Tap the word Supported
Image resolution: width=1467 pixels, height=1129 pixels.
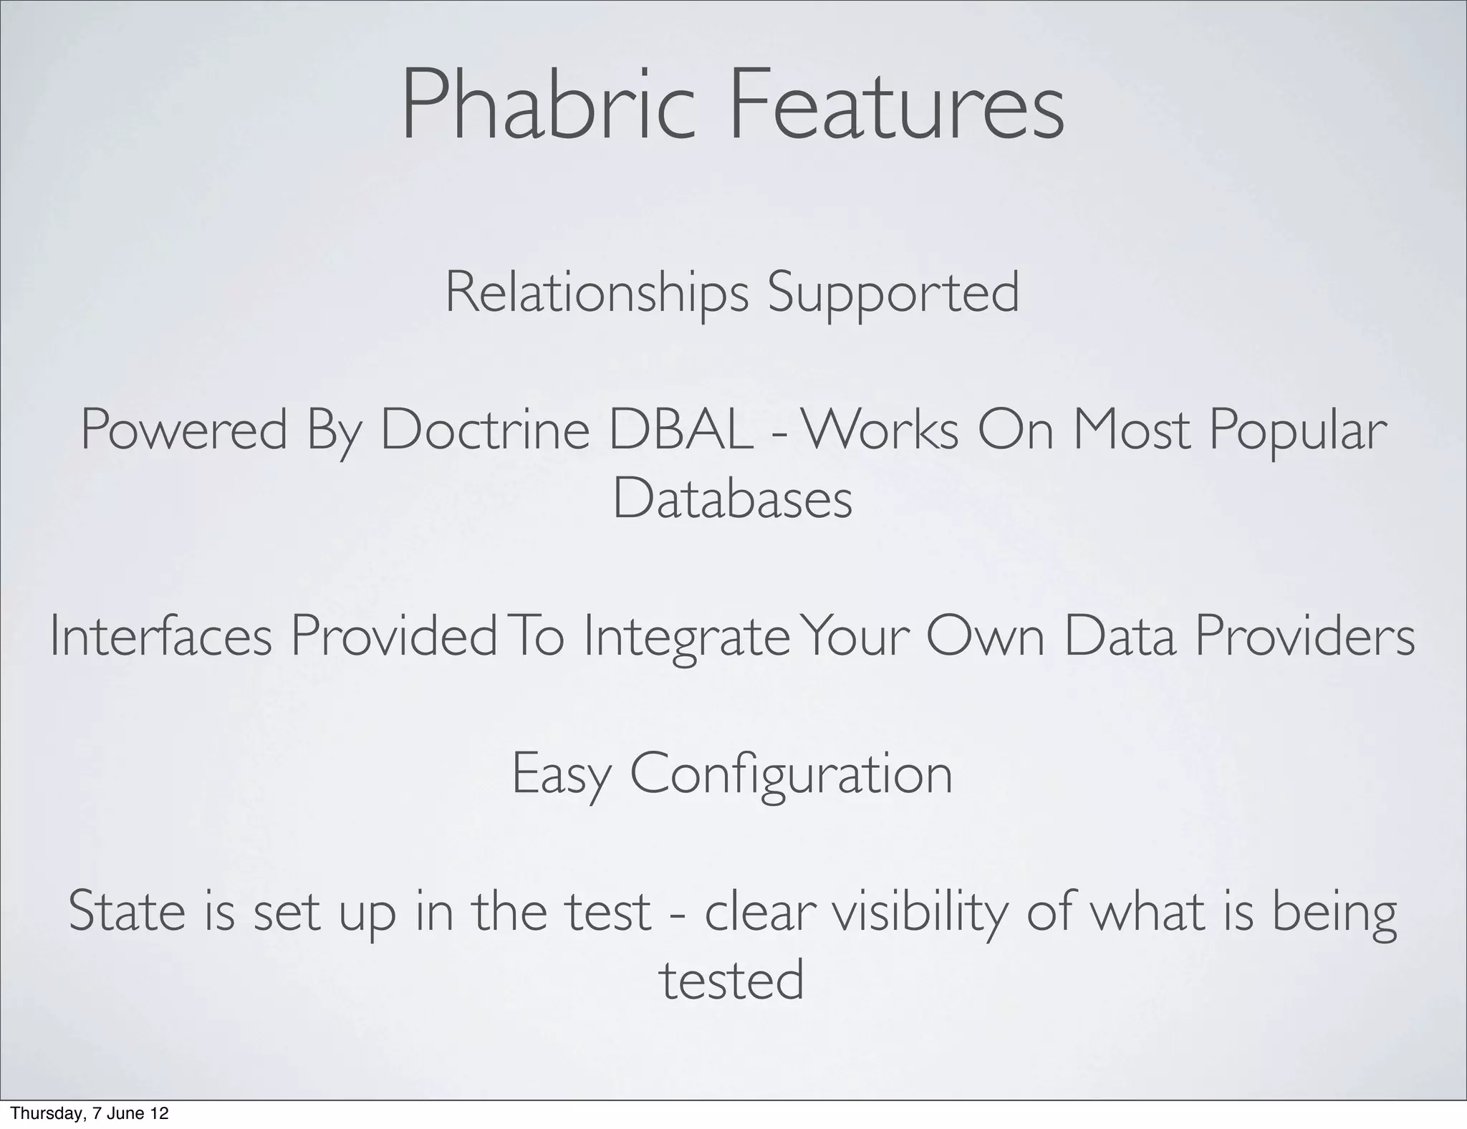click(x=893, y=293)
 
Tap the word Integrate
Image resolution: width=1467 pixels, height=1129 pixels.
click(x=686, y=638)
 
